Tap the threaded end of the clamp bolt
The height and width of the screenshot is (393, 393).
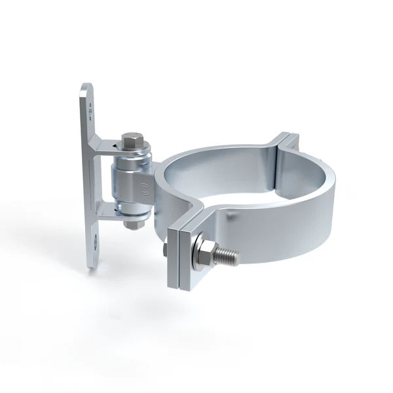click(227, 255)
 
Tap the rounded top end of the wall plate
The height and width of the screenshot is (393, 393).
click(86, 90)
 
